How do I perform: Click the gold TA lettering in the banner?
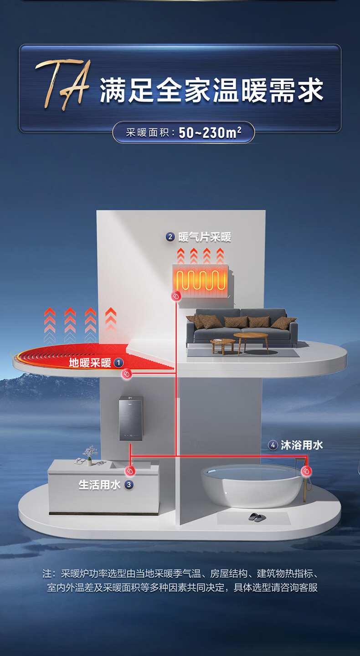tap(63, 85)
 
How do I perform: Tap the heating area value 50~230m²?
tap(210, 133)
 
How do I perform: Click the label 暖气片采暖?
tap(205, 237)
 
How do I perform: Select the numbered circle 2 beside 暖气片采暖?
tap(170, 236)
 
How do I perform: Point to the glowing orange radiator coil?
tap(201, 280)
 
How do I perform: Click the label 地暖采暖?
tap(90, 363)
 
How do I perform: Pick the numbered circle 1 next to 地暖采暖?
tap(118, 363)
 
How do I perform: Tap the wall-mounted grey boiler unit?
tap(131, 418)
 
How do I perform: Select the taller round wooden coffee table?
tap(251, 343)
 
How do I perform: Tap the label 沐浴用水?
tap(302, 445)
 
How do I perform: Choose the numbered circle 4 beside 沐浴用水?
tap(273, 445)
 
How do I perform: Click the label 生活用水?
tap(99, 485)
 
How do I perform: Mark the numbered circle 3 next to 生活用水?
tap(129, 485)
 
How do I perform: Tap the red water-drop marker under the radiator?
tap(176, 296)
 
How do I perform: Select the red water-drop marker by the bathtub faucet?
tap(306, 471)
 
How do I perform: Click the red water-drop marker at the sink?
tap(130, 471)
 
